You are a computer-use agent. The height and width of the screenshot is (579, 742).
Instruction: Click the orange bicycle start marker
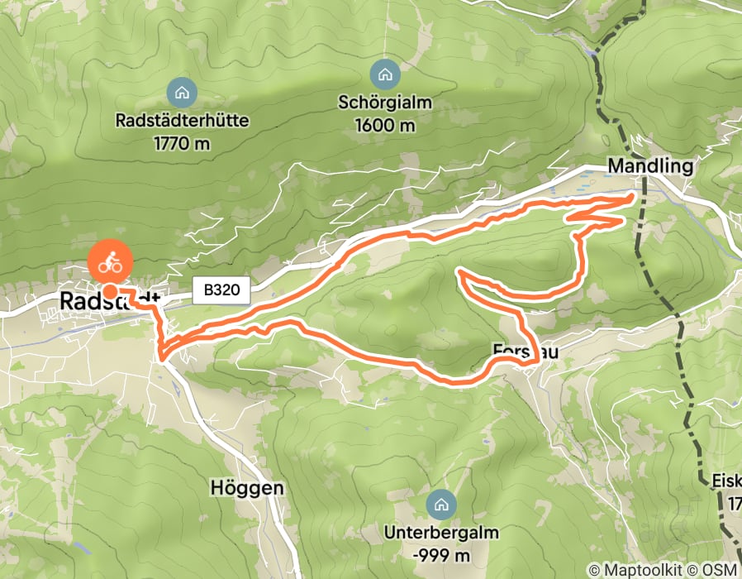point(109,264)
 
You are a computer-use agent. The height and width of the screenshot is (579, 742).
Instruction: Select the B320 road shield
point(220,290)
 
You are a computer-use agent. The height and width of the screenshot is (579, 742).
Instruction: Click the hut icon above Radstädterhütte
point(183,92)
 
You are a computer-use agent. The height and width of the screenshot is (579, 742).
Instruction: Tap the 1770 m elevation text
point(183,143)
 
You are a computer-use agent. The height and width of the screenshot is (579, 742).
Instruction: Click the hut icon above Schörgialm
point(384,75)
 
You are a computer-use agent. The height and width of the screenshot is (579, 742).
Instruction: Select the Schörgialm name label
point(385,104)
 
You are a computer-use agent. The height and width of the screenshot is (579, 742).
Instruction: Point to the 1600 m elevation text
point(385,126)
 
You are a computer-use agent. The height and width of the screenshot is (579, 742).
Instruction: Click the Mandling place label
point(649,166)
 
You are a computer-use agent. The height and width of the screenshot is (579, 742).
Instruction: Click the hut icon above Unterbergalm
point(441,504)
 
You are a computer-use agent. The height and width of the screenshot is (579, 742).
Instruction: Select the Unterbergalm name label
point(441,533)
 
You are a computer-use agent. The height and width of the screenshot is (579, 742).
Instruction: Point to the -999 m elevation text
point(441,554)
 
